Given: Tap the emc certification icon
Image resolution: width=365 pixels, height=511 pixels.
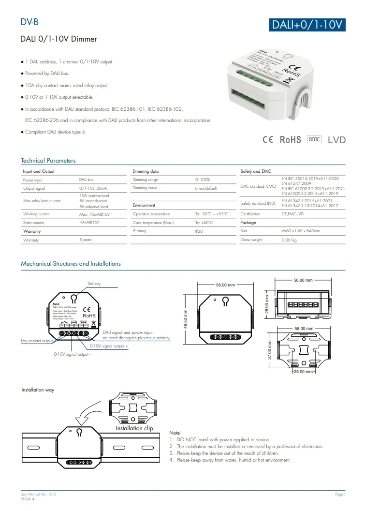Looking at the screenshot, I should click(x=314, y=139).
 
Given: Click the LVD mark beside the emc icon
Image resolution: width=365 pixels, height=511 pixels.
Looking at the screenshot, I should click(x=337, y=140).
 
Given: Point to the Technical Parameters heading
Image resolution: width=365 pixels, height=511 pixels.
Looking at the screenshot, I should click(x=48, y=161).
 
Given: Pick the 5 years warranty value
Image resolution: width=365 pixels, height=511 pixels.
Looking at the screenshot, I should click(x=86, y=240).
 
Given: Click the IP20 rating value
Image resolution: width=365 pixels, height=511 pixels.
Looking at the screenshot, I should click(x=200, y=231).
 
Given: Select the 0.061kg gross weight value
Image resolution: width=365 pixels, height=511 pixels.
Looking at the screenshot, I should click(x=289, y=240).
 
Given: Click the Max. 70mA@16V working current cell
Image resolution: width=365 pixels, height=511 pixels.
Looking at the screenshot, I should click(x=94, y=214).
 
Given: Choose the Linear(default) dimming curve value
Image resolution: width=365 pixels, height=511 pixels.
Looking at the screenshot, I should click(x=206, y=188).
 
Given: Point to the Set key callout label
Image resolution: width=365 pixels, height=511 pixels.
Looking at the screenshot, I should click(x=94, y=284).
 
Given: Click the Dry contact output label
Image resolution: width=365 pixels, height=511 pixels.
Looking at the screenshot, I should click(x=37, y=341).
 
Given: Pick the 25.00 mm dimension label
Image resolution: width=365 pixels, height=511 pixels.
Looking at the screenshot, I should click(x=304, y=372).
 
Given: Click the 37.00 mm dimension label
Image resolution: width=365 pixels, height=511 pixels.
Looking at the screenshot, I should click(x=269, y=351).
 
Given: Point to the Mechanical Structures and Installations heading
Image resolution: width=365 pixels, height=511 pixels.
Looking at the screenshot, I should click(x=71, y=264).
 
